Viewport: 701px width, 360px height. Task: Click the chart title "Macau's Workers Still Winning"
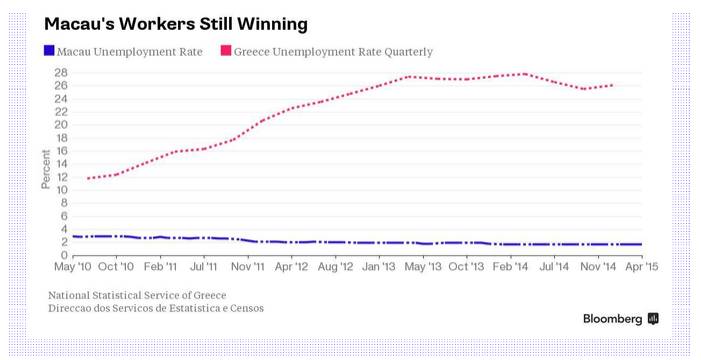[x=176, y=24]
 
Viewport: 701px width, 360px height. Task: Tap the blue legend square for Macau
[x=49, y=51]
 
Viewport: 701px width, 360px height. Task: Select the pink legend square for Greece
[x=226, y=51]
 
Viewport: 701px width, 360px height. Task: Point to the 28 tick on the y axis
[x=61, y=72]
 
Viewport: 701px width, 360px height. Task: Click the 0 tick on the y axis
[x=64, y=255]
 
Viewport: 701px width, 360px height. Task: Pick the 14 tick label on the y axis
[x=61, y=164]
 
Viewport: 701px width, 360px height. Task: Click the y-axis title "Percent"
[x=46, y=169]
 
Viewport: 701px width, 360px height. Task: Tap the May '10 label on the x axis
[x=73, y=267]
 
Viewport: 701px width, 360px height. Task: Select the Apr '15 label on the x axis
[x=642, y=267]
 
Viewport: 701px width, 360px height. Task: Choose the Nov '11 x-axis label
[x=248, y=267]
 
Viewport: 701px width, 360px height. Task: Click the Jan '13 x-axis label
[x=379, y=267]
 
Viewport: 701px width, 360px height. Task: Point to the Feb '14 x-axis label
[x=511, y=267]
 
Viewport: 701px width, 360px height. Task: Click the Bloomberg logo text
[x=612, y=319]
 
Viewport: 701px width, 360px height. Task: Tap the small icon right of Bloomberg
[x=653, y=319]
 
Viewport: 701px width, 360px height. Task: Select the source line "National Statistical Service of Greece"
[x=137, y=295]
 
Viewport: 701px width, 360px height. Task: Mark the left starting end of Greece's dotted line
[x=88, y=178]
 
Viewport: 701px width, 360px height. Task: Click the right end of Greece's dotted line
[x=612, y=85]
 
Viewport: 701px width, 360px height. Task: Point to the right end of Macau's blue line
[x=642, y=245]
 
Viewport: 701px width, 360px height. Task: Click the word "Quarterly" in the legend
[x=409, y=52]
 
